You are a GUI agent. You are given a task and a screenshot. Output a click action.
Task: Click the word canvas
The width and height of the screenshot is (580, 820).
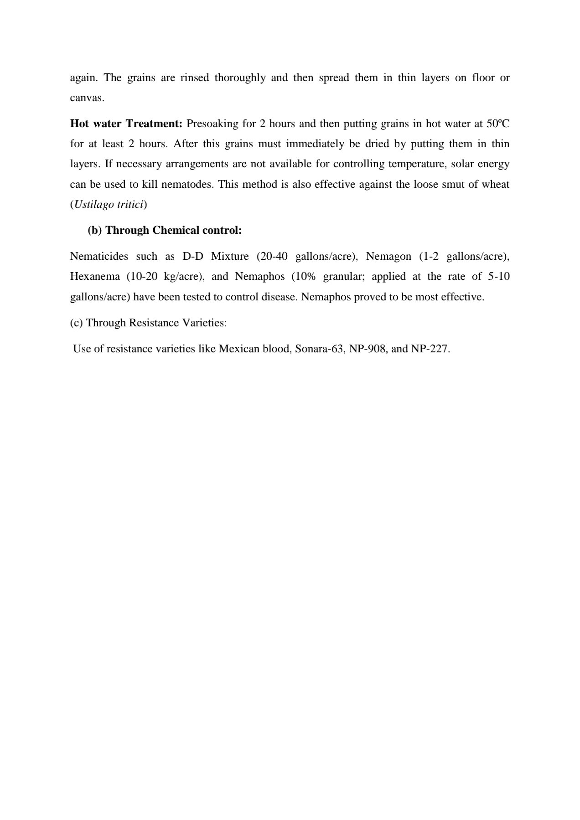point(87,98)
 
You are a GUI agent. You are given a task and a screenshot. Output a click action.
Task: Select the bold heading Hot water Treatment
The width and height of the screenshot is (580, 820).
point(126,124)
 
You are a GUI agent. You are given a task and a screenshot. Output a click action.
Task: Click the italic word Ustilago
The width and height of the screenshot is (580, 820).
point(94,205)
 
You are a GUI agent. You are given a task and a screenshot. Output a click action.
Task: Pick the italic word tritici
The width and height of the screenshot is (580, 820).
point(130,205)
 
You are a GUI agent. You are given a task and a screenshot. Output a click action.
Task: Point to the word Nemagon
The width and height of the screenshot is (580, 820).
point(388,256)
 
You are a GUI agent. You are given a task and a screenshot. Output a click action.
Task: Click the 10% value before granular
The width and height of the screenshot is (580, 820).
point(305,277)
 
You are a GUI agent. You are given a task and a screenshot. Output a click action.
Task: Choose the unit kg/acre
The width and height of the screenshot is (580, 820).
point(183,277)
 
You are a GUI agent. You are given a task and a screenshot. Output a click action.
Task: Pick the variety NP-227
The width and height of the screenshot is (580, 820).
point(430,349)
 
